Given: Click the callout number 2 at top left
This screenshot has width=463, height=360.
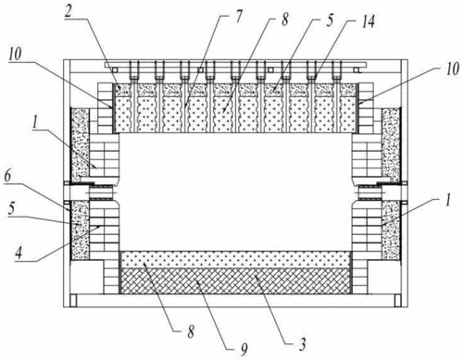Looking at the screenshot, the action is (69, 11).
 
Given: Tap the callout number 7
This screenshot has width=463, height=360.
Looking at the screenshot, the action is (238, 18).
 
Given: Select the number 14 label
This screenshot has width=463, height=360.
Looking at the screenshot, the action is (368, 21).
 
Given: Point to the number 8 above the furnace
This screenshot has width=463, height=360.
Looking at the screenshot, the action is (284, 19).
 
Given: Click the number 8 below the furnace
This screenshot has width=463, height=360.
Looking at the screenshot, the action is (192, 332).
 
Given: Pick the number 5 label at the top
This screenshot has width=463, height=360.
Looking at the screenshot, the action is (330, 20).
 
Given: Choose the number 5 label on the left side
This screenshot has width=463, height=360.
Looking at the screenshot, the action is (11, 208).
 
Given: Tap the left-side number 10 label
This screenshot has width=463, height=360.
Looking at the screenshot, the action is (15, 54).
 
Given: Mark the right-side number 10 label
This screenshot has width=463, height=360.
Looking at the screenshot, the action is (453, 68).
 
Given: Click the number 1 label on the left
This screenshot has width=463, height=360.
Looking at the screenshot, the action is (35, 122).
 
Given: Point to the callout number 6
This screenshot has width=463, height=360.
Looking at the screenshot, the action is (7, 177).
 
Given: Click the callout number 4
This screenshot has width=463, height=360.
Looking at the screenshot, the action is (19, 253).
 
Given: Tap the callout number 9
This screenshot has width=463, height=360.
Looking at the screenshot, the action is (244, 349).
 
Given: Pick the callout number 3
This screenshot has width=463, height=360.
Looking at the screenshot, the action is (303, 343).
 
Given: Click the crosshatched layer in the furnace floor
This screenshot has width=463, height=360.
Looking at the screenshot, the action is (235, 281).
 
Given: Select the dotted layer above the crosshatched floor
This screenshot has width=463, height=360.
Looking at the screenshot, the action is (235, 260).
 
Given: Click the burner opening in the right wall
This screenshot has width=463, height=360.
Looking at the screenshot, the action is (369, 192).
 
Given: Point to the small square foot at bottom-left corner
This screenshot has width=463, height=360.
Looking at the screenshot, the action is (73, 301).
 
